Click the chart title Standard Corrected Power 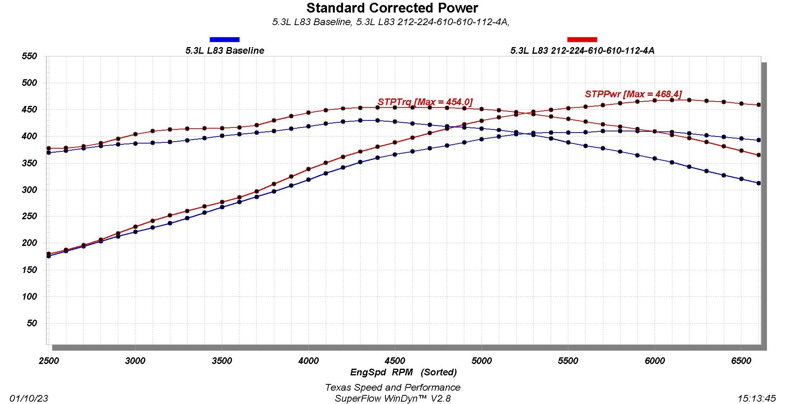click(x=392, y=8)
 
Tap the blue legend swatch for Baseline click(x=225, y=39)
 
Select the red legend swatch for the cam click(x=582, y=39)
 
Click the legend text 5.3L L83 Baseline click(x=225, y=51)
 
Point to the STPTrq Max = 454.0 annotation click(x=425, y=102)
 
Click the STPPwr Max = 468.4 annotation click(x=633, y=94)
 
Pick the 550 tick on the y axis click(x=29, y=56)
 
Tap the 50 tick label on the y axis click(x=32, y=323)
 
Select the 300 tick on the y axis click(x=29, y=190)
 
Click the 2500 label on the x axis click(x=49, y=361)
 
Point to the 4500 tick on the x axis click(x=395, y=361)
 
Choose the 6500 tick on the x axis click(x=741, y=361)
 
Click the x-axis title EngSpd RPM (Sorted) click(x=403, y=372)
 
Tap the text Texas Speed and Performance click(x=392, y=388)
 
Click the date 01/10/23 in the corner click(x=29, y=399)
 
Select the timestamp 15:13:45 click(x=756, y=399)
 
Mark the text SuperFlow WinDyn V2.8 click(x=392, y=399)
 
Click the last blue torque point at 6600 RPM click(x=759, y=183)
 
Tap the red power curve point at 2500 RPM click(x=49, y=254)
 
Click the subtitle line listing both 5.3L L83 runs click(x=391, y=22)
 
